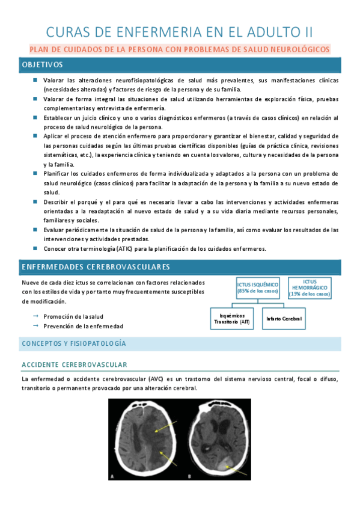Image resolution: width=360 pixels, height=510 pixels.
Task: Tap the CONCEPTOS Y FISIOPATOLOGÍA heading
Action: pyautogui.click(x=73, y=343)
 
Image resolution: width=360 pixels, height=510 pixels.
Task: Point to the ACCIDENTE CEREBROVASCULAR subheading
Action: pyautogui.click(x=74, y=365)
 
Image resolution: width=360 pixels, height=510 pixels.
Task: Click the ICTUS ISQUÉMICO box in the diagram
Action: pyautogui.click(x=258, y=287)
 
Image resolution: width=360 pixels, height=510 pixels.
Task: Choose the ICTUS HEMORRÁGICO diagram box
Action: pyautogui.click(x=310, y=287)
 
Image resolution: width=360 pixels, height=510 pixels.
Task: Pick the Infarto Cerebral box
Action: pyautogui.click(x=284, y=318)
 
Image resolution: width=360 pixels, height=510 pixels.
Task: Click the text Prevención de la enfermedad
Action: pyautogui.click(x=83, y=326)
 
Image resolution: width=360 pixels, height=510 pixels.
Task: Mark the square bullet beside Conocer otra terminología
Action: pyautogui.click(x=35, y=248)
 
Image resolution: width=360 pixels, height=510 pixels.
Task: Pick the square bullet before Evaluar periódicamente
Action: pyautogui.click(x=35, y=229)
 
